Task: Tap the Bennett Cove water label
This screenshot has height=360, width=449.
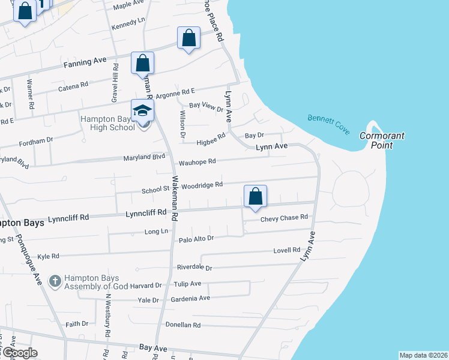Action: coord(328,124)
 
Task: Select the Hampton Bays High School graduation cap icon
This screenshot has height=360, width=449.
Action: coord(143,111)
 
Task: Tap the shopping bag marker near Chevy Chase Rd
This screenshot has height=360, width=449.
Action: coord(255,196)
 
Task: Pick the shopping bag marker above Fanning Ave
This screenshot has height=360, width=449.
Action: coord(188,38)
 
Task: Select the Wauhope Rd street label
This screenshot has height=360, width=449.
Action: coord(197,162)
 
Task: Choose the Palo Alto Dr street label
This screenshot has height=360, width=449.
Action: coord(196,239)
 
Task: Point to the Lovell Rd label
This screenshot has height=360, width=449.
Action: coord(286,250)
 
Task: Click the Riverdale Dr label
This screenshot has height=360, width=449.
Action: coord(194,267)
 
